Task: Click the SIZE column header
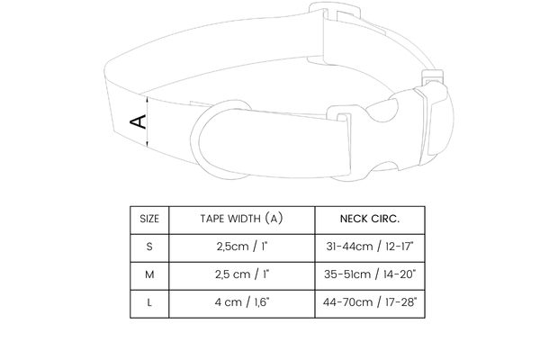[149, 219]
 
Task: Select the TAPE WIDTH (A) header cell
[242, 219]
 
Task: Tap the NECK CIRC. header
[370, 219]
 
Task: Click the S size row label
[149, 247]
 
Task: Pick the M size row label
[149, 274]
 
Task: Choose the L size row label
[149, 302]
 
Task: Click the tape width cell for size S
[242, 247]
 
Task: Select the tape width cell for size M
[242, 274]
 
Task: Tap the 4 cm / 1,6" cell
[242, 302]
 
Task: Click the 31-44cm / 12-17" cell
[370, 247]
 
